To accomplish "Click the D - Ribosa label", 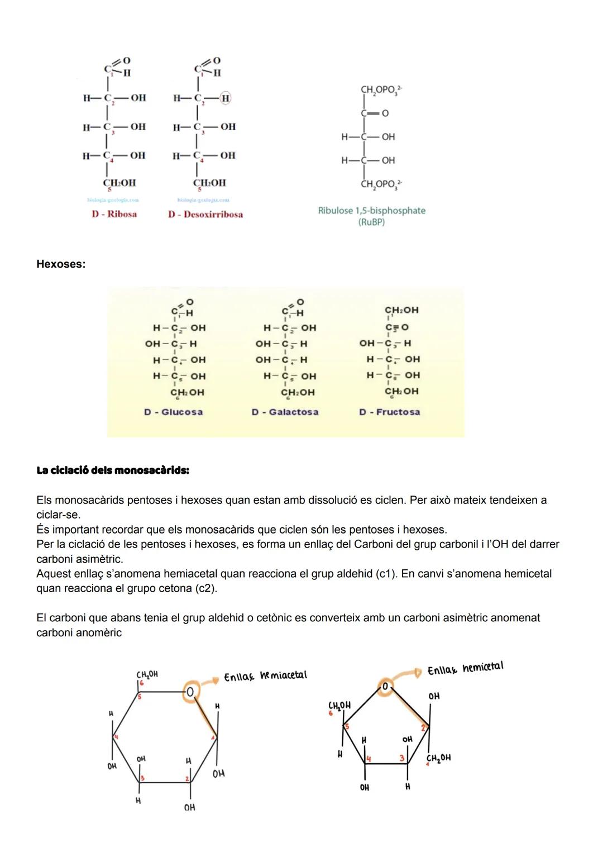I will click(x=114, y=214).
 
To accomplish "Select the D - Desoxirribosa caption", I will click(x=205, y=215).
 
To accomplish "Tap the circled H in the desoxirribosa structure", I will click(x=226, y=98).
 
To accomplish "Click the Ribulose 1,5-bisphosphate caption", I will click(x=371, y=211).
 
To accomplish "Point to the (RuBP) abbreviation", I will click(x=371, y=222).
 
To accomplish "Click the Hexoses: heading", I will click(x=61, y=264).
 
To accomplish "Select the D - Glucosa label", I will click(x=173, y=412).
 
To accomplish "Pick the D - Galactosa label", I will click(x=285, y=412).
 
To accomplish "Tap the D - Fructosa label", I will click(x=389, y=412).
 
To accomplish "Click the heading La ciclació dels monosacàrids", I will click(x=113, y=470).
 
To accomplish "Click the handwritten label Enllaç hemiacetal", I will click(x=265, y=676).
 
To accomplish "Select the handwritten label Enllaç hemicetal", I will click(x=465, y=668).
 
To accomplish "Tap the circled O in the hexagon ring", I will click(x=190, y=692).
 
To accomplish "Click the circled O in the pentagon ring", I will click(x=385, y=686).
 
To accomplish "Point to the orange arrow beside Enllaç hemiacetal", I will click(x=210, y=681).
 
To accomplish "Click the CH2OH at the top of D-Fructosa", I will click(x=401, y=310).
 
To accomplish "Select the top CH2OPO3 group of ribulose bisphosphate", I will click(x=381, y=89).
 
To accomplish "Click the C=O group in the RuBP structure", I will click(x=375, y=113).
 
